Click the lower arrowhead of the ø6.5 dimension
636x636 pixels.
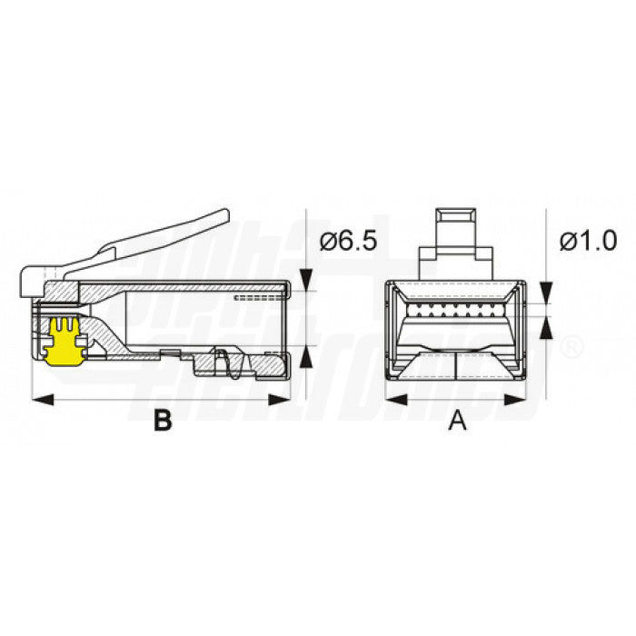tap(306, 357)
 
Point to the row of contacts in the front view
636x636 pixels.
tap(454, 313)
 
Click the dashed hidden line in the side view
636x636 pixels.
tap(259, 297)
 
